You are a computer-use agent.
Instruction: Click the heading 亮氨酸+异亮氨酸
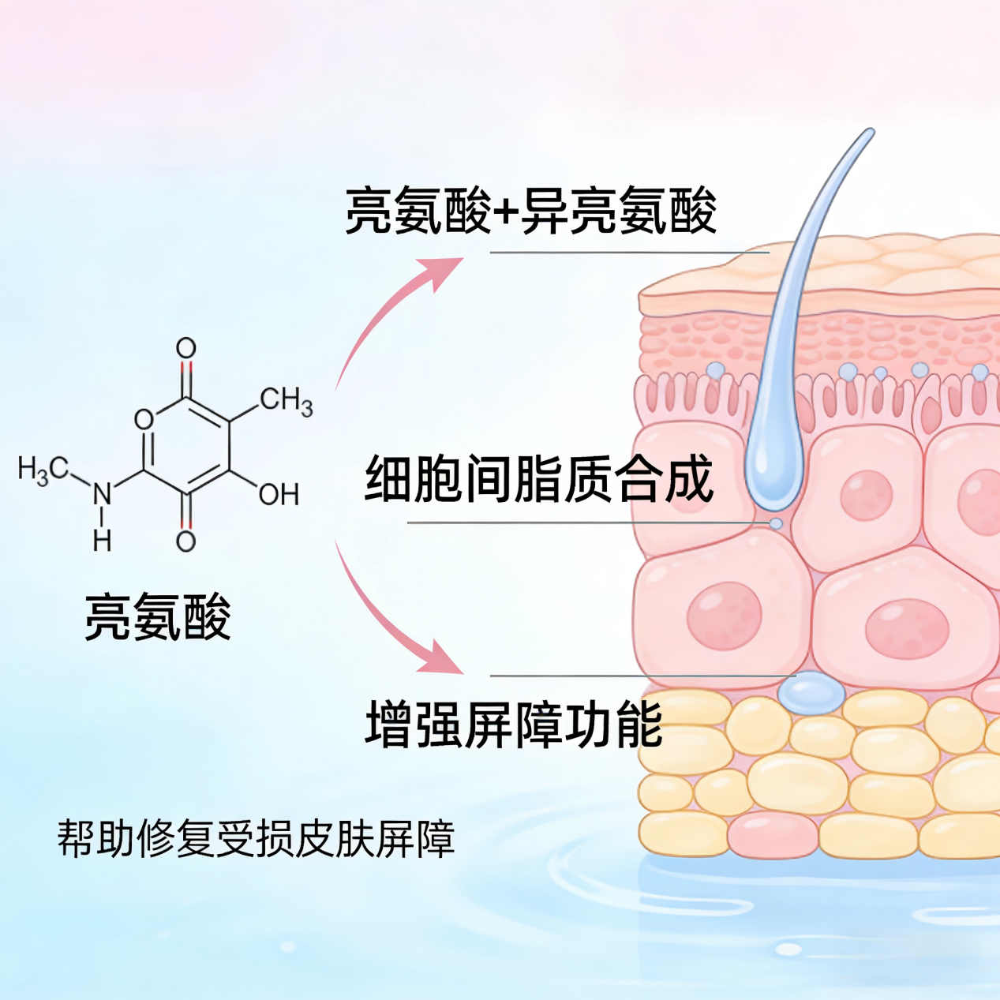530,212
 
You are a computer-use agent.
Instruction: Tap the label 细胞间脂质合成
539,479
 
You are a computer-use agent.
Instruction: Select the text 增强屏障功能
514,725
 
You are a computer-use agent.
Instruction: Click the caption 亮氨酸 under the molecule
158,616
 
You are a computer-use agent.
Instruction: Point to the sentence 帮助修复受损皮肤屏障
256,839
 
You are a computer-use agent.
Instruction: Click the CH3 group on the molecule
286,401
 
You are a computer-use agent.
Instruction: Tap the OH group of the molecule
279,495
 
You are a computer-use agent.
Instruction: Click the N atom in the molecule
102,495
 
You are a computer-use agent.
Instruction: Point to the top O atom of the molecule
185,348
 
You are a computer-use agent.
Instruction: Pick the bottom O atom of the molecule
185,541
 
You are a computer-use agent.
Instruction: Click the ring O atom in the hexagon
144,419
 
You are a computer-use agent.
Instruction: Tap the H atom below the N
102,541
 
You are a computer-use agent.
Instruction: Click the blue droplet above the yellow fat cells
811,693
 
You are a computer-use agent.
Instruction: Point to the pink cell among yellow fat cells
773,835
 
